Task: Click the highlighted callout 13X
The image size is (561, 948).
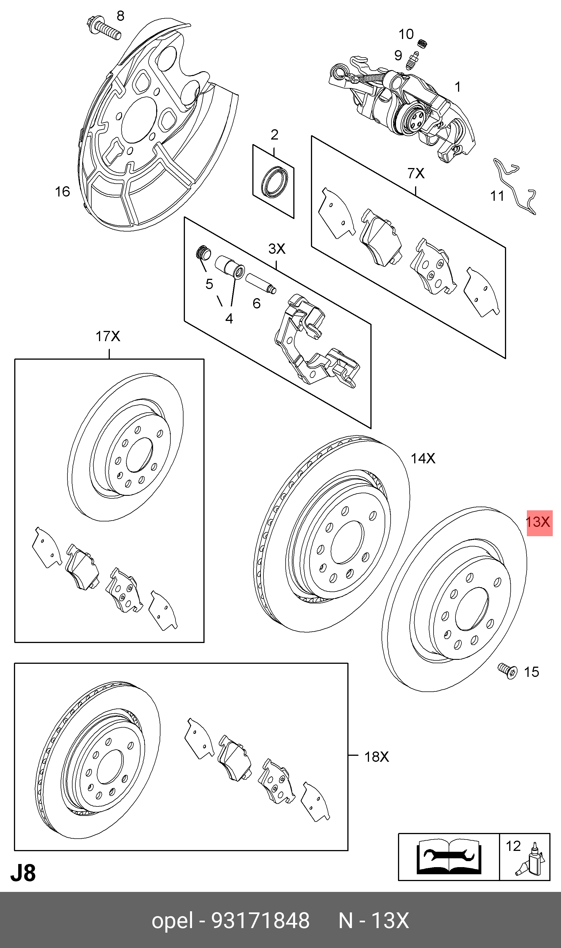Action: (539, 523)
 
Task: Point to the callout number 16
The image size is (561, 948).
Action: (62, 192)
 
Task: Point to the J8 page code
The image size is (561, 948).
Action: (23, 873)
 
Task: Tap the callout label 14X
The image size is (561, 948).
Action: (423, 458)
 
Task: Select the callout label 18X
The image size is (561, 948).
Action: (376, 757)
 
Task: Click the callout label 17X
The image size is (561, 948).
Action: (108, 336)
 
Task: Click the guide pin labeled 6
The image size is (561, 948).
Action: (261, 284)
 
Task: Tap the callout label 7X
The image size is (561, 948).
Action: (416, 173)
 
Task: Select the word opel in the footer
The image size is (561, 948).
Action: (172, 920)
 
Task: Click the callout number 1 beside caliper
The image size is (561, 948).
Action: (457, 87)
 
